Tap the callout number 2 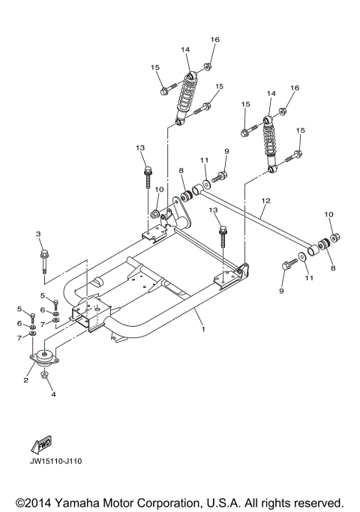pos(25,380)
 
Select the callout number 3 pos(38,235)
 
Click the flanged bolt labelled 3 pos(45,259)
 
